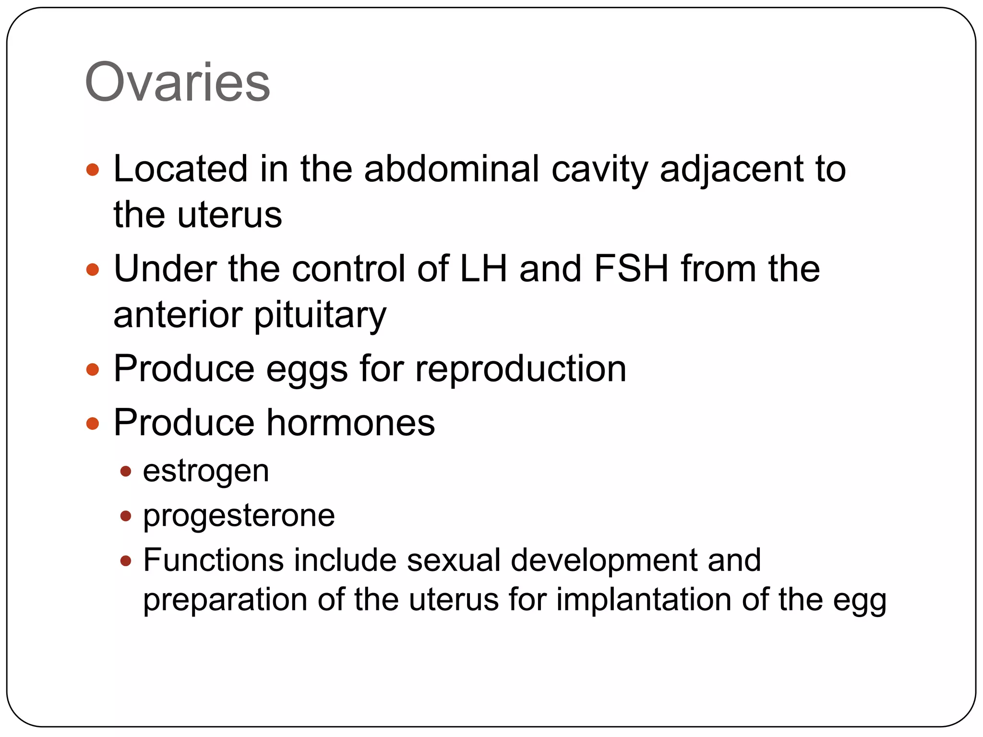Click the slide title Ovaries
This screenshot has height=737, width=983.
[177, 83]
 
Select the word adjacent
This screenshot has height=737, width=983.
[731, 170]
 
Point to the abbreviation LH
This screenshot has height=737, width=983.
[483, 269]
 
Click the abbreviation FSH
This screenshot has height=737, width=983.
[632, 269]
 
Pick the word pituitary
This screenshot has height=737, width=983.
[320, 316]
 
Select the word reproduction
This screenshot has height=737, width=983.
[521, 369]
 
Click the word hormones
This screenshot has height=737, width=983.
[350, 423]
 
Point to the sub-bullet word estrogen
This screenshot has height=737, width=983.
[206, 472]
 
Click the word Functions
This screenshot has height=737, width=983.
[213, 560]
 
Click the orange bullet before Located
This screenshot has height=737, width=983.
[92, 170]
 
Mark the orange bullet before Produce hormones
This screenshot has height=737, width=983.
[92, 423]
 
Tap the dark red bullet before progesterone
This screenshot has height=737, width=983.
[126, 516]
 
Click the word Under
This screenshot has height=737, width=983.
[165, 269]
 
